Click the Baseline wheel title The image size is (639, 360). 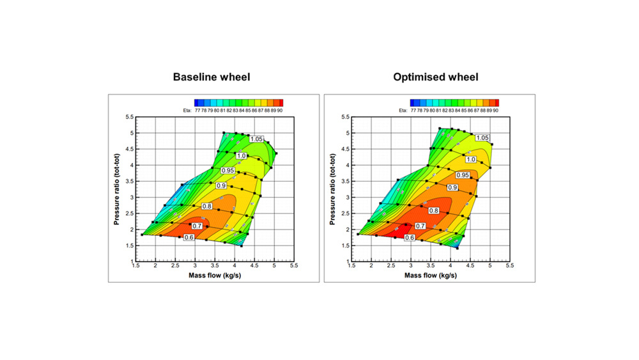tap(212, 77)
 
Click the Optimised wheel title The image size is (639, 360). tap(436, 77)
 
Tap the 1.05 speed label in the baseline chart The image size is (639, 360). tap(257, 139)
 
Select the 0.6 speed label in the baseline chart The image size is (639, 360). tap(189, 237)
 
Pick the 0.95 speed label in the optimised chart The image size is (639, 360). tap(462, 175)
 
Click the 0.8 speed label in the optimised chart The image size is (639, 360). tap(434, 210)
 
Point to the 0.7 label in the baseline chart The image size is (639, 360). tap(197, 226)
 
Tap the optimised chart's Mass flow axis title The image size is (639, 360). tap(430, 276)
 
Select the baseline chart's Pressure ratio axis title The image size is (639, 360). tap(117, 189)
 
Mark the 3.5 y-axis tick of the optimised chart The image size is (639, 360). tap(345, 181)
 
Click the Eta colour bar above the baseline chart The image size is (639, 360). tap(238, 102)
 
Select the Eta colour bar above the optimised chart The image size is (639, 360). tap(454, 102)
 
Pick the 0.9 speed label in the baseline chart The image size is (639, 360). tap(221, 185)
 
